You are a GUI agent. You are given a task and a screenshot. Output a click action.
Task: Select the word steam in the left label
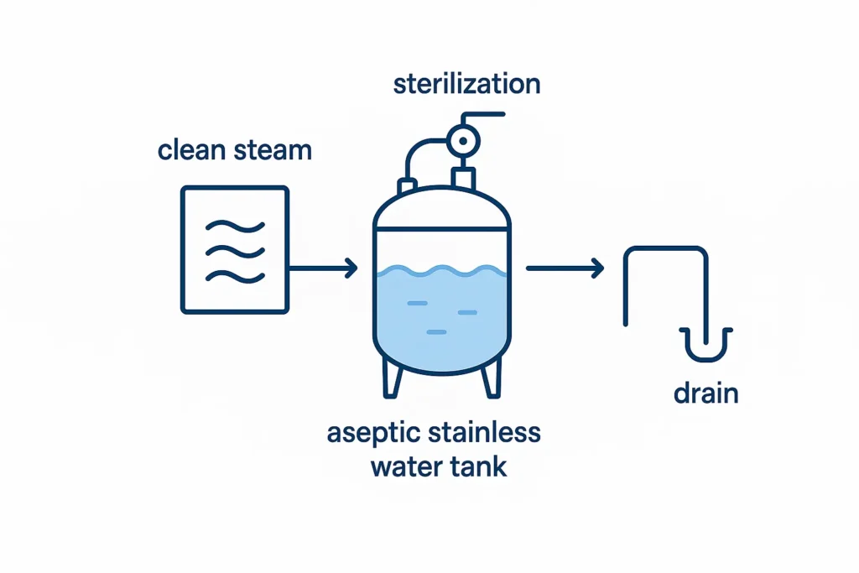(273, 151)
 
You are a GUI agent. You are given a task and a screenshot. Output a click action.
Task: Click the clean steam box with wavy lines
(236, 249)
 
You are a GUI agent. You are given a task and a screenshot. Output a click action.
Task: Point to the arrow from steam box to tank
(323, 268)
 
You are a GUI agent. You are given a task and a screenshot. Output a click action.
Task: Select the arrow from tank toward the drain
(565, 268)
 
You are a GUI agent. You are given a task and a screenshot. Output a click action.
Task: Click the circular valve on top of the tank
(461, 140)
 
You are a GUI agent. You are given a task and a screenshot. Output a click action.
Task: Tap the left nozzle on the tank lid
(408, 185)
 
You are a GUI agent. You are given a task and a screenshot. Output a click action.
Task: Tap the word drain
(706, 393)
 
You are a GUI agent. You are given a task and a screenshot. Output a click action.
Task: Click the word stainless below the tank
(488, 435)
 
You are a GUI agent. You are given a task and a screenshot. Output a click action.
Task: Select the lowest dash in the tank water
(436, 333)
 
